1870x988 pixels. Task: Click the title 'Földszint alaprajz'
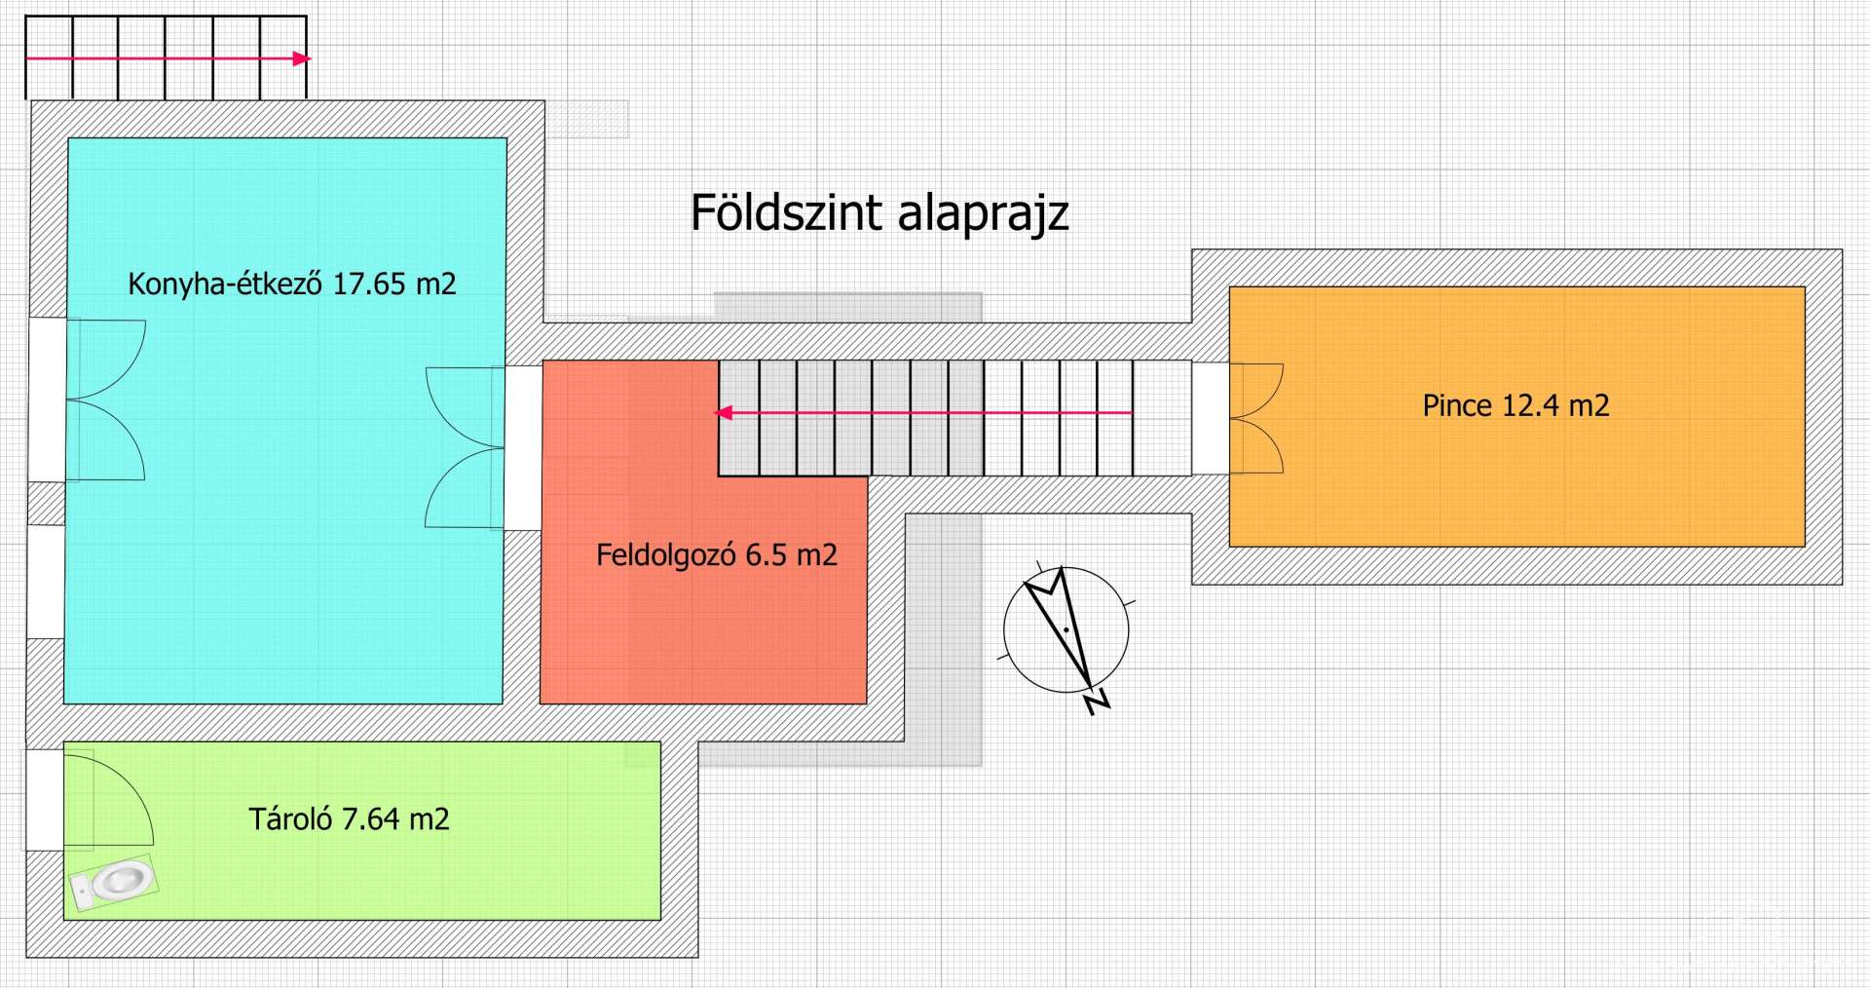tap(879, 213)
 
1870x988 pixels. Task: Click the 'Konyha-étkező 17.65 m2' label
tap(292, 284)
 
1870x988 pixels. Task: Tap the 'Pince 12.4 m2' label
tap(1515, 405)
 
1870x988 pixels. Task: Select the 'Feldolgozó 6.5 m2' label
tap(716, 555)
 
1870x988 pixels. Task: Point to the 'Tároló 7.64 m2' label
tap(349, 818)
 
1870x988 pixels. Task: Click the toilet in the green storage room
tap(114, 882)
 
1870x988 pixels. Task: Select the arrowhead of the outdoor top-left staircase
tap(302, 58)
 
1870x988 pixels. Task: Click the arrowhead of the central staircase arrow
tap(724, 413)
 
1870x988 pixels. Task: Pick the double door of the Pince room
tap(1255, 418)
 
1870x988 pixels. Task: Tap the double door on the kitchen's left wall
tap(105, 399)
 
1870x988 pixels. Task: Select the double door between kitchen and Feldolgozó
tap(466, 447)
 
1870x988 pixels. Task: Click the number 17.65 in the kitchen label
tap(369, 284)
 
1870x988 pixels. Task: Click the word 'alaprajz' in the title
tap(983, 213)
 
